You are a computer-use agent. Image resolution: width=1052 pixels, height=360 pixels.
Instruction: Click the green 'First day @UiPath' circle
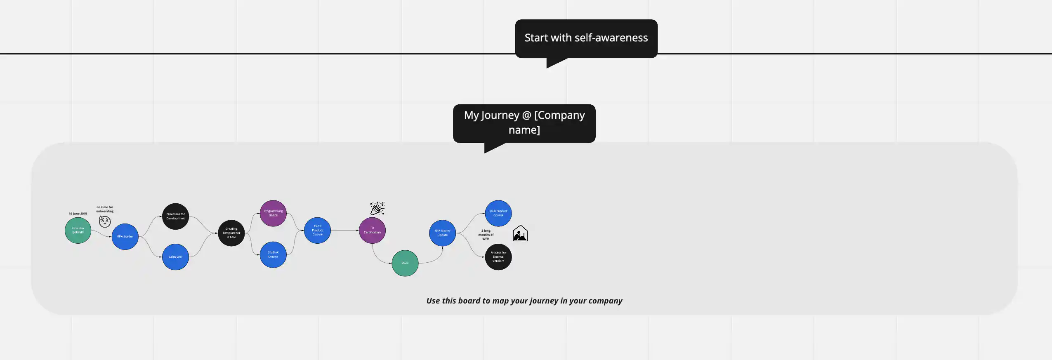tap(78, 231)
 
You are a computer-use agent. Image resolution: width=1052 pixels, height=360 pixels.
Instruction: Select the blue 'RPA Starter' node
tap(125, 237)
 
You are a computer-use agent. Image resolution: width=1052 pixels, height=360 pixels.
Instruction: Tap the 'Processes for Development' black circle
tap(175, 216)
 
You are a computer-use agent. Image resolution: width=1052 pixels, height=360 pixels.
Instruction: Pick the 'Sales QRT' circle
tap(175, 257)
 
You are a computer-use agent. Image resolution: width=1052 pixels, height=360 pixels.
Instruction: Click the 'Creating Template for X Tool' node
tap(231, 233)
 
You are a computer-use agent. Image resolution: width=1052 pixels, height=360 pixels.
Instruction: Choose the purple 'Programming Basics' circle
tap(273, 213)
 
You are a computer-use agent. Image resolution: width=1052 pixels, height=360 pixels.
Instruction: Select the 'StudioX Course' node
tap(273, 255)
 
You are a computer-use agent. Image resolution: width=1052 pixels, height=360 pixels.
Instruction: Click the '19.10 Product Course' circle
tap(317, 231)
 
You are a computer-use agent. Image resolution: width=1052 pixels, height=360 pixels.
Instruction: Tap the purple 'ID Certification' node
tap(372, 231)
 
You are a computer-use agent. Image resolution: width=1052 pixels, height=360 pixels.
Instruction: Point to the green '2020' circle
tap(405, 263)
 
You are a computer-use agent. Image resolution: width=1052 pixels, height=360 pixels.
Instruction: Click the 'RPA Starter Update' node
tap(442, 233)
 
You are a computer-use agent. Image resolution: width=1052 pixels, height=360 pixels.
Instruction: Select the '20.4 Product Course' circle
tap(498, 213)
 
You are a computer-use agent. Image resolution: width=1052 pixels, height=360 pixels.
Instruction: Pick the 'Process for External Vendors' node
tap(498, 257)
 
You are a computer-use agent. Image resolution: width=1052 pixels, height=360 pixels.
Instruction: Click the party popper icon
tap(377, 208)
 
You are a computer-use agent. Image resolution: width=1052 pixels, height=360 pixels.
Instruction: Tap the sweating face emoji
tap(105, 222)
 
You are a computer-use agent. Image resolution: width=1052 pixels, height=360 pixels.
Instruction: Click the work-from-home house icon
tap(520, 233)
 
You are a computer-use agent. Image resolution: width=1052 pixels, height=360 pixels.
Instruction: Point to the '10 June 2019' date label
tap(78, 214)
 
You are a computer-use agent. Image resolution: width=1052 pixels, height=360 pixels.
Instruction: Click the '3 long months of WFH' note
tap(486, 235)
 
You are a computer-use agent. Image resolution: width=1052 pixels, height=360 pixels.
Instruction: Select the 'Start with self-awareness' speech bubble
tap(586, 38)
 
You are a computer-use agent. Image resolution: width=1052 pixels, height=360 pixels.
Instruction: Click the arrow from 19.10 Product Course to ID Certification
tap(344, 231)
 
